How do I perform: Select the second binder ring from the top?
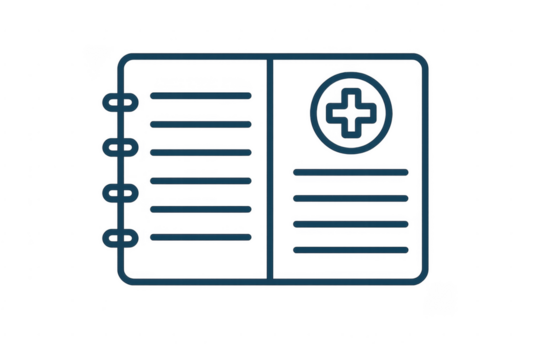coord(120,147)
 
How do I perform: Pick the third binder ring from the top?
coord(120,191)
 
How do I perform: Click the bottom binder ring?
coord(120,236)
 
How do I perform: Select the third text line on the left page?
coord(199,153)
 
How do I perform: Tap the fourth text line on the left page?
coord(199,181)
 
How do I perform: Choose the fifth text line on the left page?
coord(199,209)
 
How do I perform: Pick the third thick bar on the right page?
coord(351,223)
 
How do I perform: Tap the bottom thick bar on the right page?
coord(351,248)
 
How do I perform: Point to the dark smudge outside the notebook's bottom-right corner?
coord(440,298)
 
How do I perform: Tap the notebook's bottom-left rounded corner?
coord(124,281)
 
